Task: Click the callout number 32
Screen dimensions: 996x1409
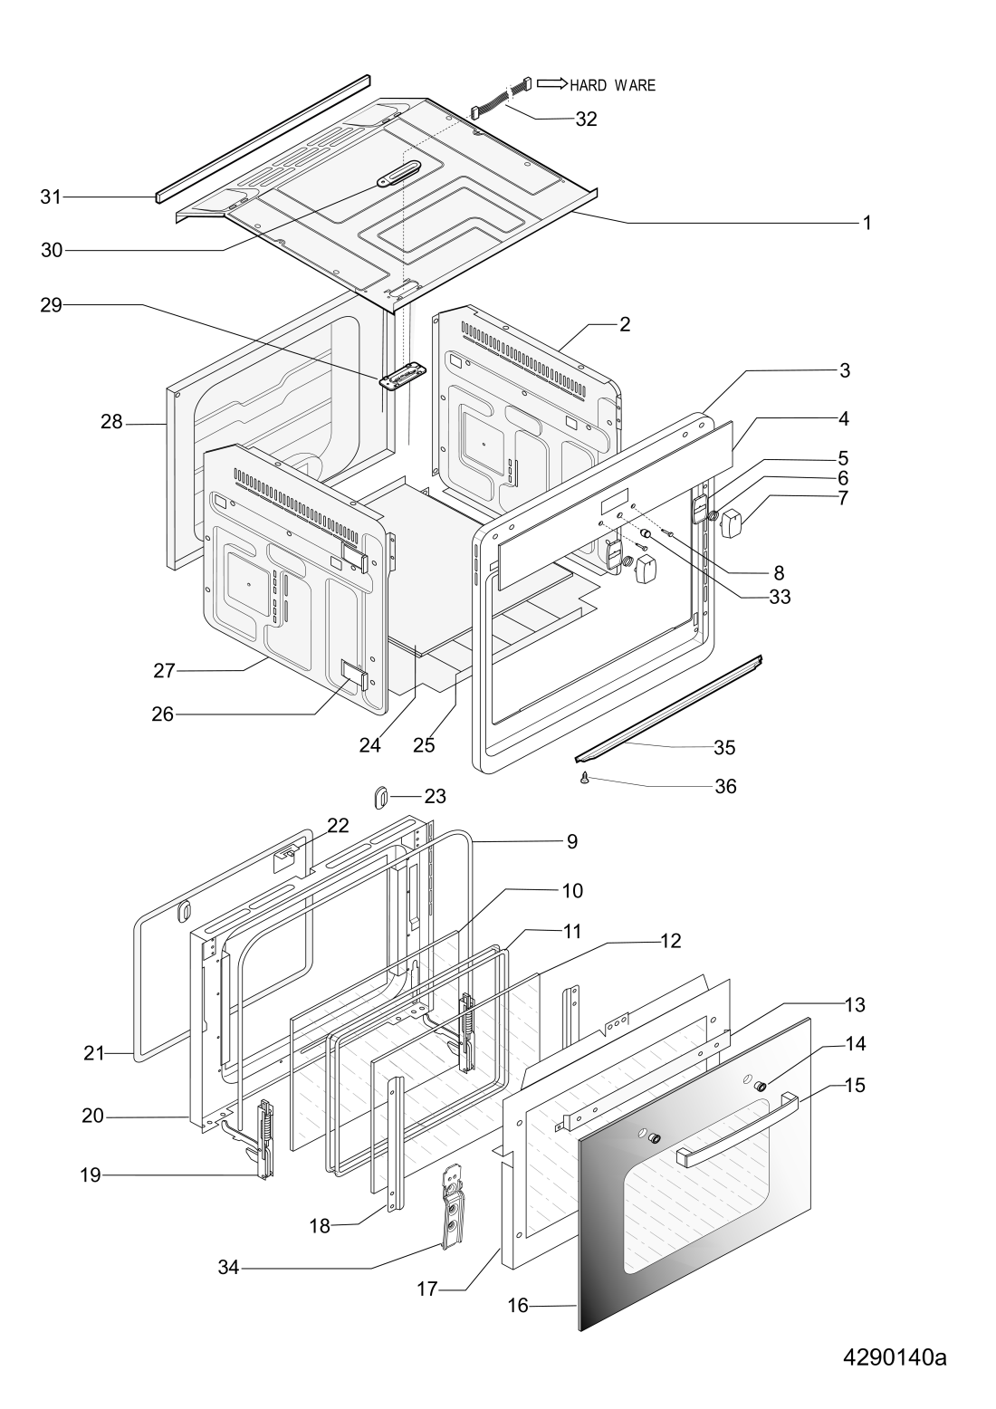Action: coord(586,119)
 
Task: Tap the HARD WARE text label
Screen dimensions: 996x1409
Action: coord(612,85)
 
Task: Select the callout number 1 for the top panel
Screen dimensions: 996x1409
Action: coord(867,223)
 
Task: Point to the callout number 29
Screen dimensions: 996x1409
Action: coord(52,306)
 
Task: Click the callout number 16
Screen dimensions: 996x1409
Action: coord(518,1306)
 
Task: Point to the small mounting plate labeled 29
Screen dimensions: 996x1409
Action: coord(403,378)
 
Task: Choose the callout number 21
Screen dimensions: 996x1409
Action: coord(94,1053)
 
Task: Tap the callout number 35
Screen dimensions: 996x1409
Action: coord(724,747)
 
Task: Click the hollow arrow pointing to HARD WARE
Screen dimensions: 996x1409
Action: coord(552,83)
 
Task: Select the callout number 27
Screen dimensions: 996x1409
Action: coord(164,671)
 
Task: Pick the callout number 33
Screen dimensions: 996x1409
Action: coord(780,597)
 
